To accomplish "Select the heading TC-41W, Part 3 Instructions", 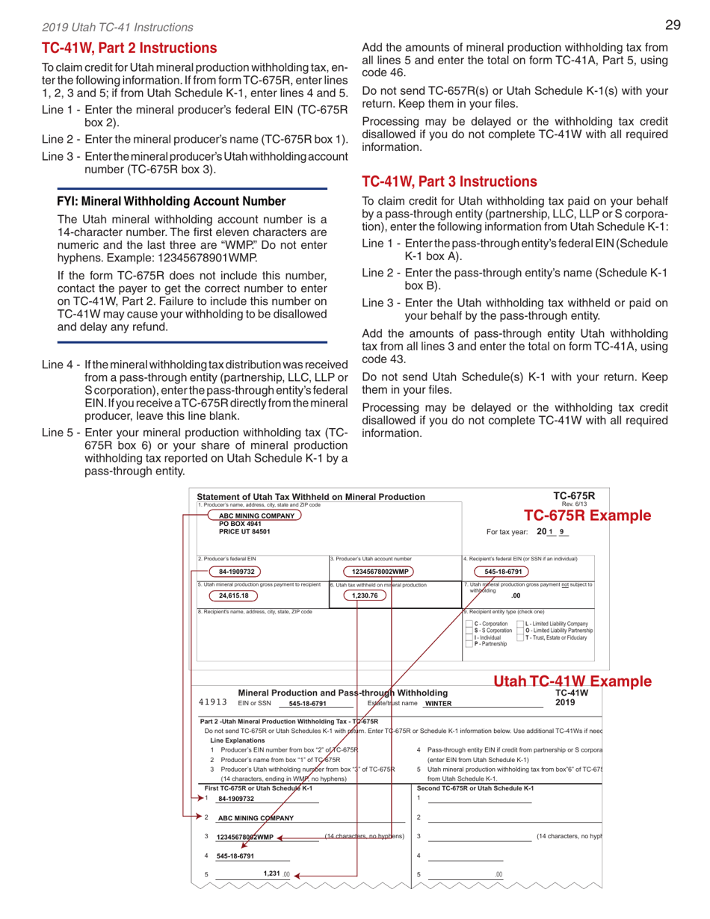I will click(x=449, y=181).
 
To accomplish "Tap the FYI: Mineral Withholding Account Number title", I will click(x=171, y=201).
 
